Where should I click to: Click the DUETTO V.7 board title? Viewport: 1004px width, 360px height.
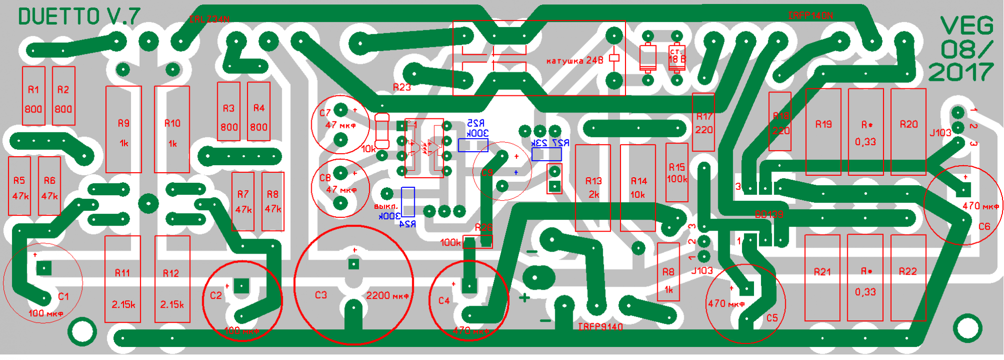pyautogui.click(x=79, y=17)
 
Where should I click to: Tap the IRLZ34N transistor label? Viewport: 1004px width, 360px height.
pyautogui.click(x=209, y=20)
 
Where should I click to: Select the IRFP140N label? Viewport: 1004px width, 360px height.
pyautogui.click(x=810, y=16)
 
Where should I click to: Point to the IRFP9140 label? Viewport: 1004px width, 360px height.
pyautogui.click(x=600, y=327)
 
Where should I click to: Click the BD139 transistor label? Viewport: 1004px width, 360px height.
pyautogui.click(x=769, y=214)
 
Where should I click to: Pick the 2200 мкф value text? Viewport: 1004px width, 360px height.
pyautogui.click(x=387, y=295)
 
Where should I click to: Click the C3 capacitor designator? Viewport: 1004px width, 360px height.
pyautogui.click(x=321, y=295)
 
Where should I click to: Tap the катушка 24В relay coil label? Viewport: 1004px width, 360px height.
pyautogui.click(x=574, y=61)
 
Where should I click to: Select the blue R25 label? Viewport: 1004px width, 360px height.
pyautogui.click(x=475, y=123)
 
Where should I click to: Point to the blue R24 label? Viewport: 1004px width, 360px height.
pyautogui.click(x=407, y=224)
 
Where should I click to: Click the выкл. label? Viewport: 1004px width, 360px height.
pyautogui.click(x=386, y=206)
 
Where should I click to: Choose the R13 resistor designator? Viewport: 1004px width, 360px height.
pyautogui.click(x=593, y=181)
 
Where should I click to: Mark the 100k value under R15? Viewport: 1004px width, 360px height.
pyautogui.click(x=677, y=179)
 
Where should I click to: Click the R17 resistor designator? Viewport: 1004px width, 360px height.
pyautogui.click(x=704, y=116)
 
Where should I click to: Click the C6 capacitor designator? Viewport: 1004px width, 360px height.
pyautogui.click(x=984, y=226)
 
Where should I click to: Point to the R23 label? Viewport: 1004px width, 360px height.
pyautogui.click(x=402, y=87)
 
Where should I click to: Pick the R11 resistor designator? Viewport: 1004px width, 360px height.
pyautogui.click(x=122, y=273)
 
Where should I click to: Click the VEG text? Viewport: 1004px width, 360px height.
pyautogui.click(x=967, y=26)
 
